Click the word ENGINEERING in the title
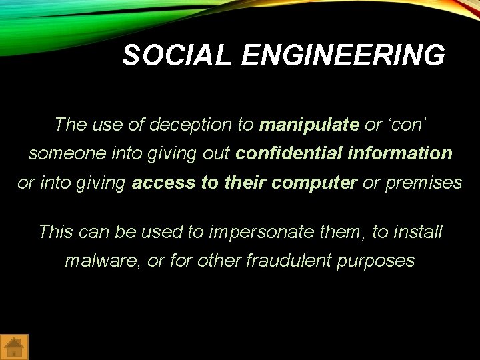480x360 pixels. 343,55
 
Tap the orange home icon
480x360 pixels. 15,347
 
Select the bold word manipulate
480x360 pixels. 309,125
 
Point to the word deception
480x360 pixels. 194,125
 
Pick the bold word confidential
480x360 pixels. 289,153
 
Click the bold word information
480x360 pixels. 399,153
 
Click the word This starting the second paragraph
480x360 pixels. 55,232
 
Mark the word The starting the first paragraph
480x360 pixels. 70,125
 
